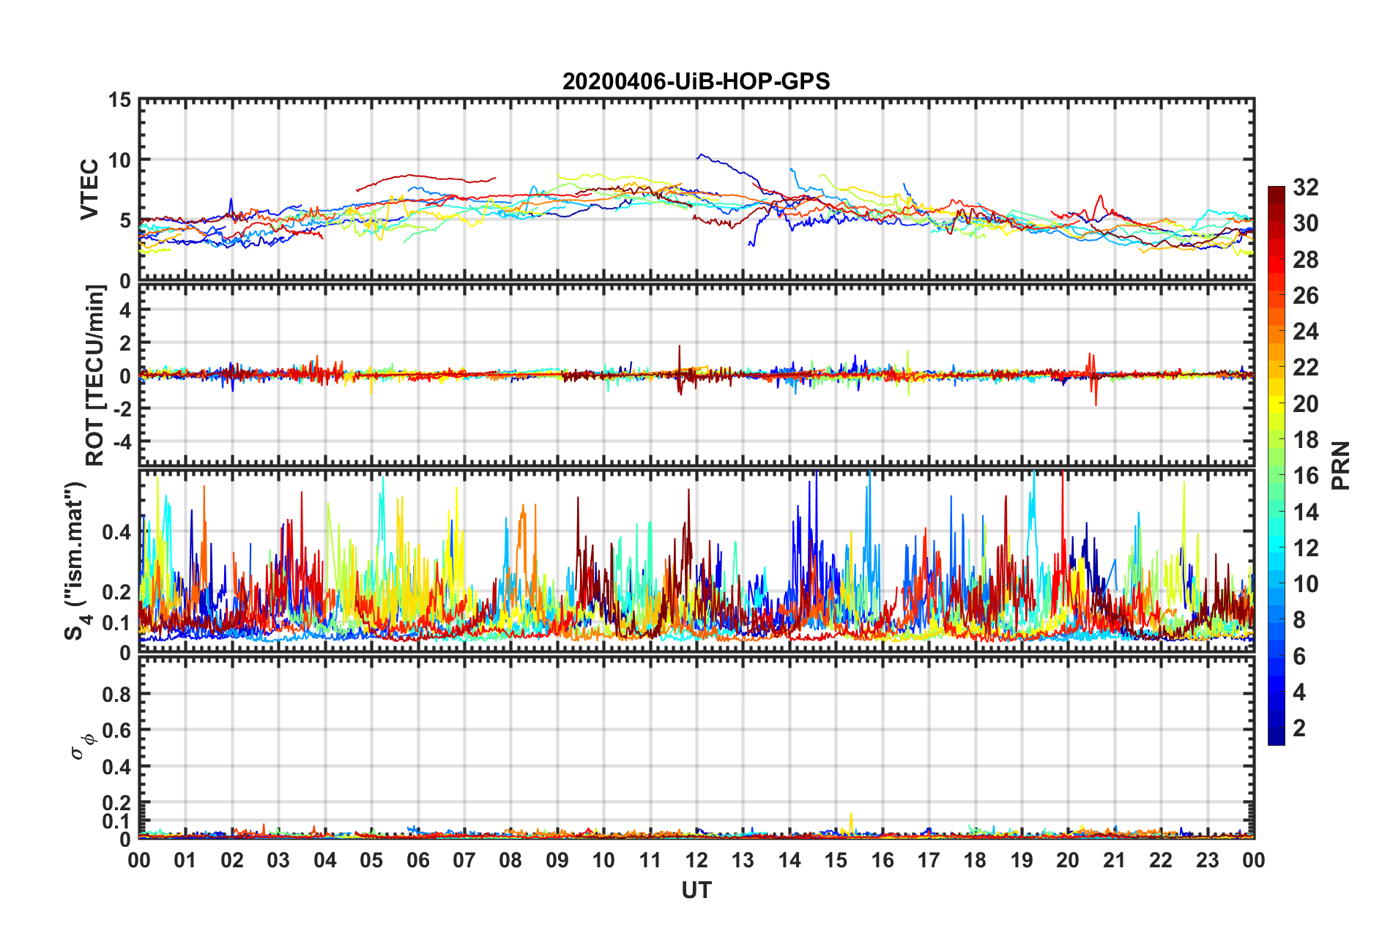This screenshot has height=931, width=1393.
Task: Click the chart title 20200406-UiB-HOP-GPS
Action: coord(696,81)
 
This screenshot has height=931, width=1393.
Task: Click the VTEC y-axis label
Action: coord(89,189)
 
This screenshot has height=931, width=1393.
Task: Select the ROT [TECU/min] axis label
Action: coord(95,375)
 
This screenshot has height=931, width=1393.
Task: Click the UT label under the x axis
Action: coord(696,890)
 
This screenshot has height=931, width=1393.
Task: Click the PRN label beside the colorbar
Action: coord(1340,465)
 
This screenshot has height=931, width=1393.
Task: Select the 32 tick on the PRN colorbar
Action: coord(1305,187)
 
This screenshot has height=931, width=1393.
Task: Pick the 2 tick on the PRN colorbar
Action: coord(1299,728)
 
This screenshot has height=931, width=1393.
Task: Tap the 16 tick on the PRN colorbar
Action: coord(1305,476)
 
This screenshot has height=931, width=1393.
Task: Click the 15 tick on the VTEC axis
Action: coord(119,100)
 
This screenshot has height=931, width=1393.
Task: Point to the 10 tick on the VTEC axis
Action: coord(119,160)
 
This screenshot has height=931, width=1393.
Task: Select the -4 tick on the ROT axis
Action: coord(120,442)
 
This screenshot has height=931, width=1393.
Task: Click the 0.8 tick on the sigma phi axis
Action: coord(116,694)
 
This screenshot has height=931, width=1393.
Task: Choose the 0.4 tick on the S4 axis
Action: coord(116,532)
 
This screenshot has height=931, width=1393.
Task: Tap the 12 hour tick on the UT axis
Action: coord(696,860)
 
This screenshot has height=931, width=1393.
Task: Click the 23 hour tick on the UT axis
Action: coord(1207,860)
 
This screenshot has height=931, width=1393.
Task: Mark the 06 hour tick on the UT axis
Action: coord(417,860)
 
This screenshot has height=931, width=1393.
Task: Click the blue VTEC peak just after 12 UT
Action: coord(700,154)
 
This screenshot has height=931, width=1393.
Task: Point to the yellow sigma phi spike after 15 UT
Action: coord(851,814)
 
